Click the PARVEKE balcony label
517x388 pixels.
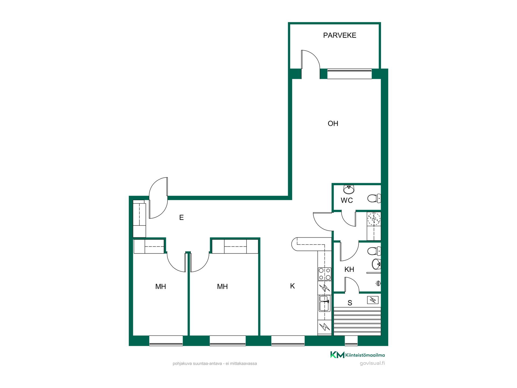pyautogui.click(x=340, y=35)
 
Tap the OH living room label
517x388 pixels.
pyautogui.click(x=333, y=123)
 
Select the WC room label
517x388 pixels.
pyautogui.click(x=347, y=200)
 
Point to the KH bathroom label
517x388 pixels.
pyautogui.click(x=349, y=269)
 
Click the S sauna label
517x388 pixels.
pyautogui.click(x=350, y=303)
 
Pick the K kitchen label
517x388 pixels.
pyautogui.click(x=292, y=286)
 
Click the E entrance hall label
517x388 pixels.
pyautogui.click(x=181, y=217)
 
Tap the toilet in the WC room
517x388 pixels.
pyautogui.click(x=374, y=198)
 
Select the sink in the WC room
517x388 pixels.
pyautogui.click(x=349, y=189)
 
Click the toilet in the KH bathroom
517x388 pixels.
pyautogui.click(x=374, y=251)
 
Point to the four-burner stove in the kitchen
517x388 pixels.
pyautogui.click(x=324, y=274)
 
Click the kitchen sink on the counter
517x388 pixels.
pyautogui.click(x=324, y=303)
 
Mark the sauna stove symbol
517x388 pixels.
pyautogui.click(x=373, y=300)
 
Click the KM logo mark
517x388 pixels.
pyautogui.click(x=337, y=355)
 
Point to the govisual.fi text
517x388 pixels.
pyautogui.click(x=372, y=363)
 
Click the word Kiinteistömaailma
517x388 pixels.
pyautogui.click(x=365, y=355)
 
